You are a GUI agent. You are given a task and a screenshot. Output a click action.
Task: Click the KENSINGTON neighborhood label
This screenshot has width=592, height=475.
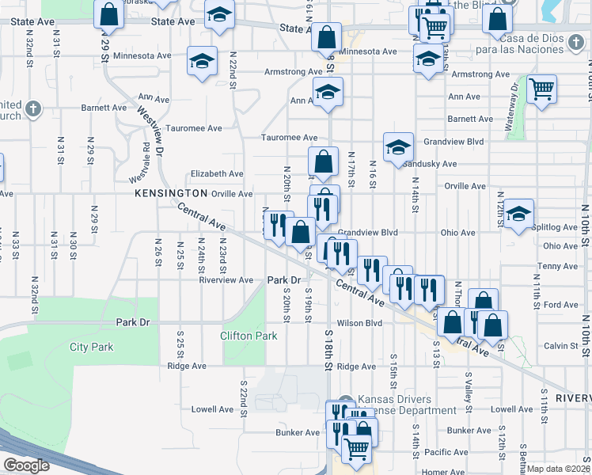click(170, 193)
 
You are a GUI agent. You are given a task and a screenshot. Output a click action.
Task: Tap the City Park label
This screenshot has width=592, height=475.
click(91, 347)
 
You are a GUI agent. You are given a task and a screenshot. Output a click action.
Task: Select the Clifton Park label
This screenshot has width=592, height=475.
click(249, 336)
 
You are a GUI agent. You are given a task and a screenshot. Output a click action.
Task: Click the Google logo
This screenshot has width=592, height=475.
click(26, 465)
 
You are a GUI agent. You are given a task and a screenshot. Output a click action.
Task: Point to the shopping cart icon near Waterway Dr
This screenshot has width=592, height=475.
click(541, 90)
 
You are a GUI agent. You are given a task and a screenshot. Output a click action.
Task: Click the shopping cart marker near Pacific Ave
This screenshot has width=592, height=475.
click(357, 448)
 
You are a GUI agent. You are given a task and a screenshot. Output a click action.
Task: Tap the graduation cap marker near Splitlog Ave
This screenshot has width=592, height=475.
click(518, 214)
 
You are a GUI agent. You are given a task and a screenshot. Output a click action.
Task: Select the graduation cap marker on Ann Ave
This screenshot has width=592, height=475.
click(328, 93)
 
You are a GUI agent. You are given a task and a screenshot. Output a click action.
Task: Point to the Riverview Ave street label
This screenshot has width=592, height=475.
click(226, 280)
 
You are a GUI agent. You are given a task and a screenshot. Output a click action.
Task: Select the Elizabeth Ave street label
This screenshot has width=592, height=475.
click(217, 174)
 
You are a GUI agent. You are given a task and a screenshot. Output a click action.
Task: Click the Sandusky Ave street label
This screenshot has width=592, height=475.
click(430, 165)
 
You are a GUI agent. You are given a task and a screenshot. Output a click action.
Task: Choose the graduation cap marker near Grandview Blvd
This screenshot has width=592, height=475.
click(398, 146)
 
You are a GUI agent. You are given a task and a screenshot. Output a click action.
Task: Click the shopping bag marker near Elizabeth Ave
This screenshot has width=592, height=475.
click(324, 162)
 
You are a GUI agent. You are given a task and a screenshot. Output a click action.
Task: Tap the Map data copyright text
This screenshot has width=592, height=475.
click(559, 468)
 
